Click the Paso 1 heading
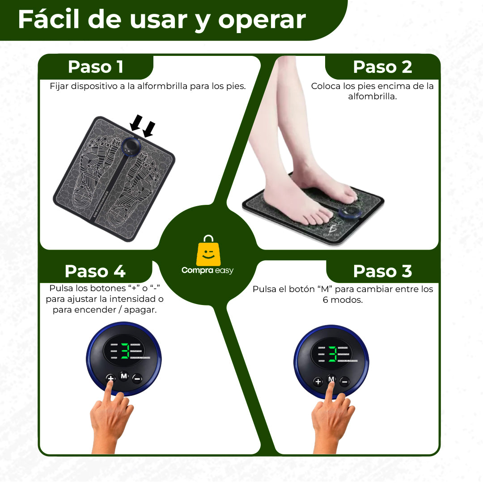pos(95,67)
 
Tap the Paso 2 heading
pos(382,67)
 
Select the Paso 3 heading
pos(382,271)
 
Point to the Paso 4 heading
pos(95,271)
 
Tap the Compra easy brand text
pos(208,270)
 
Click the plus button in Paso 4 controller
pos(110,378)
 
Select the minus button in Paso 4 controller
pos(137,378)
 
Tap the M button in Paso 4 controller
pos(124,376)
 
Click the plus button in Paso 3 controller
pos(318,381)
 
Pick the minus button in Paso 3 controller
pos(344,381)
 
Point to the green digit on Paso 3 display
pos(332,354)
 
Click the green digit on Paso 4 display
pos(125,351)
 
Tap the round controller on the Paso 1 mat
pos(132,146)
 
